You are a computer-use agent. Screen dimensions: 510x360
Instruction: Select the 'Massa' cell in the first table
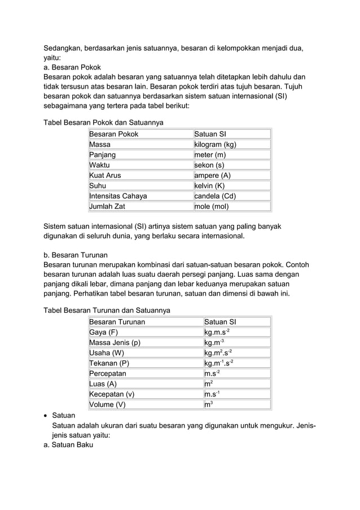point(100,145)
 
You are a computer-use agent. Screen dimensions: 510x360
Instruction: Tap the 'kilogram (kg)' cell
point(215,145)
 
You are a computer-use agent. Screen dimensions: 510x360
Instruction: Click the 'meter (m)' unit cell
point(210,155)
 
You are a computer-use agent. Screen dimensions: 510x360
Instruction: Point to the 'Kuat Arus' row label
point(105,176)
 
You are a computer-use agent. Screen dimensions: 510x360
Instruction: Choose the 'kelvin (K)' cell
point(209,186)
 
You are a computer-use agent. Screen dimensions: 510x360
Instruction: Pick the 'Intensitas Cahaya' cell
point(118,196)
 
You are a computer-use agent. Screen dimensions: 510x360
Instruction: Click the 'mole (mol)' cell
point(212,207)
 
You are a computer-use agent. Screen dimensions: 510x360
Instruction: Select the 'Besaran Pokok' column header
point(113,134)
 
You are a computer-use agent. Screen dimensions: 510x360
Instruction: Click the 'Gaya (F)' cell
point(103,332)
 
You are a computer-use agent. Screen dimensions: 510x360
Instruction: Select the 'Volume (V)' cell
point(107,404)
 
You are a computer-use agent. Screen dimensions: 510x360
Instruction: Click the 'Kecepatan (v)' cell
point(112,394)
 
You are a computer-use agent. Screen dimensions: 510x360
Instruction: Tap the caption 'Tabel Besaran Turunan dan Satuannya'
point(107,310)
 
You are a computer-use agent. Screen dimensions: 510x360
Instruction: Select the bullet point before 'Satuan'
point(46,415)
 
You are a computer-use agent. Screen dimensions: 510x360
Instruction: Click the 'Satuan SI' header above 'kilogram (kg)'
point(210,134)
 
